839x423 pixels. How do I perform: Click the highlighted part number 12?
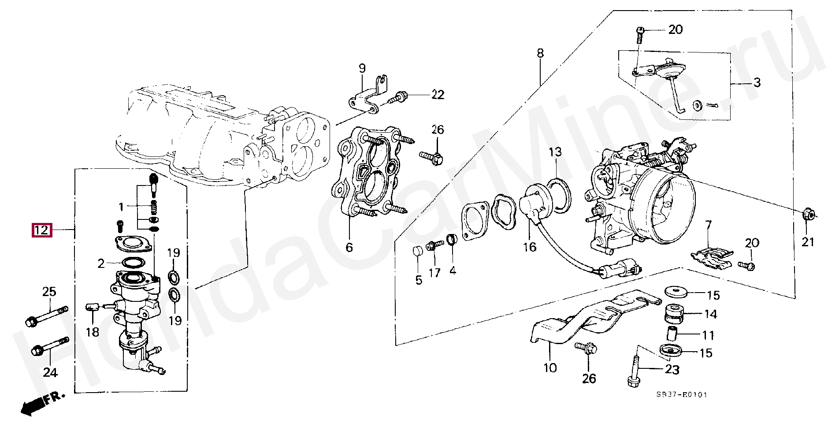click(41, 230)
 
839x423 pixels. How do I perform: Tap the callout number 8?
click(540, 54)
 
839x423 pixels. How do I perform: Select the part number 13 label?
click(555, 152)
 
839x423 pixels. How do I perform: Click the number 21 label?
click(808, 242)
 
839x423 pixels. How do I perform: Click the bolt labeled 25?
click(46, 315)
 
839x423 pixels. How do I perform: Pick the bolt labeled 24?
click(49, 347)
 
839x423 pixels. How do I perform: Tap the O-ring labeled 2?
click(133, 262)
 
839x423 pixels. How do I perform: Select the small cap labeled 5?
click(417, 252)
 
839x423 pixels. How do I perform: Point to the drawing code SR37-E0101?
click(681, 395)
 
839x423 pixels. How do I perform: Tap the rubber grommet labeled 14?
click(673, 313)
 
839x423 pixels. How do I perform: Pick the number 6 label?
click(349, 247)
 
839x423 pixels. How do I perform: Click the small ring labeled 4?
click(452, 240)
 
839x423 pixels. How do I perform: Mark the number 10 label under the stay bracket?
click(550, 367)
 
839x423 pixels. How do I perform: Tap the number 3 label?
click(757, 82)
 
